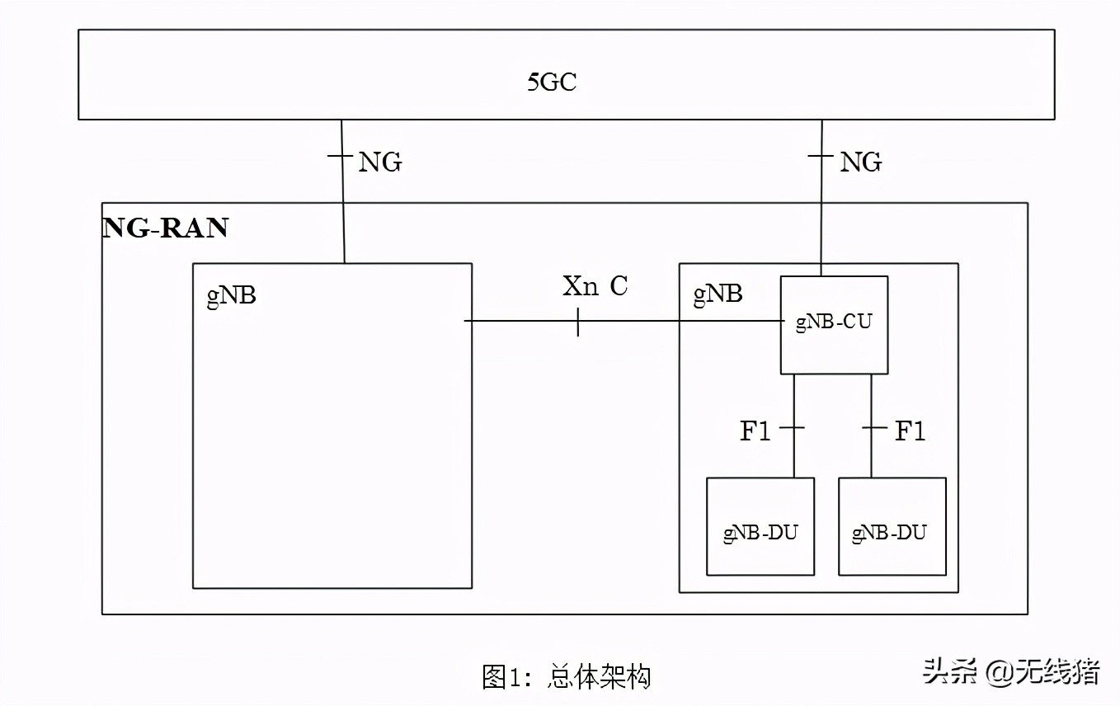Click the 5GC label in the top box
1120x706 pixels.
pos(552,82)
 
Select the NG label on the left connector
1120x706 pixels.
pos(379,162)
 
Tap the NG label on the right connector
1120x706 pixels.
pos(860,162)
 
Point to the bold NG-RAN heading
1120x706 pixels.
pos(166,228)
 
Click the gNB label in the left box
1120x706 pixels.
pos(231,296)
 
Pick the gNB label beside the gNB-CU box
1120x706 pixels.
pos(718,294)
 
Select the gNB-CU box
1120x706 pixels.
pos(834,324)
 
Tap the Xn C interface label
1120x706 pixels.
pos(595,286)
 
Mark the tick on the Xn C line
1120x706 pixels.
pos(577,321)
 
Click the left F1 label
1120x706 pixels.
pos(755,431)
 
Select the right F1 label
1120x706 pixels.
pos(911,431)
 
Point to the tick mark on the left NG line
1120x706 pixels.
pos(341,154)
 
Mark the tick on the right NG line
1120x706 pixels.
pos(821,154)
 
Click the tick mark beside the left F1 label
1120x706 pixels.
pos(793,428)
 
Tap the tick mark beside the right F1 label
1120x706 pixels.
pos(872,428)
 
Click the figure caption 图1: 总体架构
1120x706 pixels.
pos(567,677)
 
